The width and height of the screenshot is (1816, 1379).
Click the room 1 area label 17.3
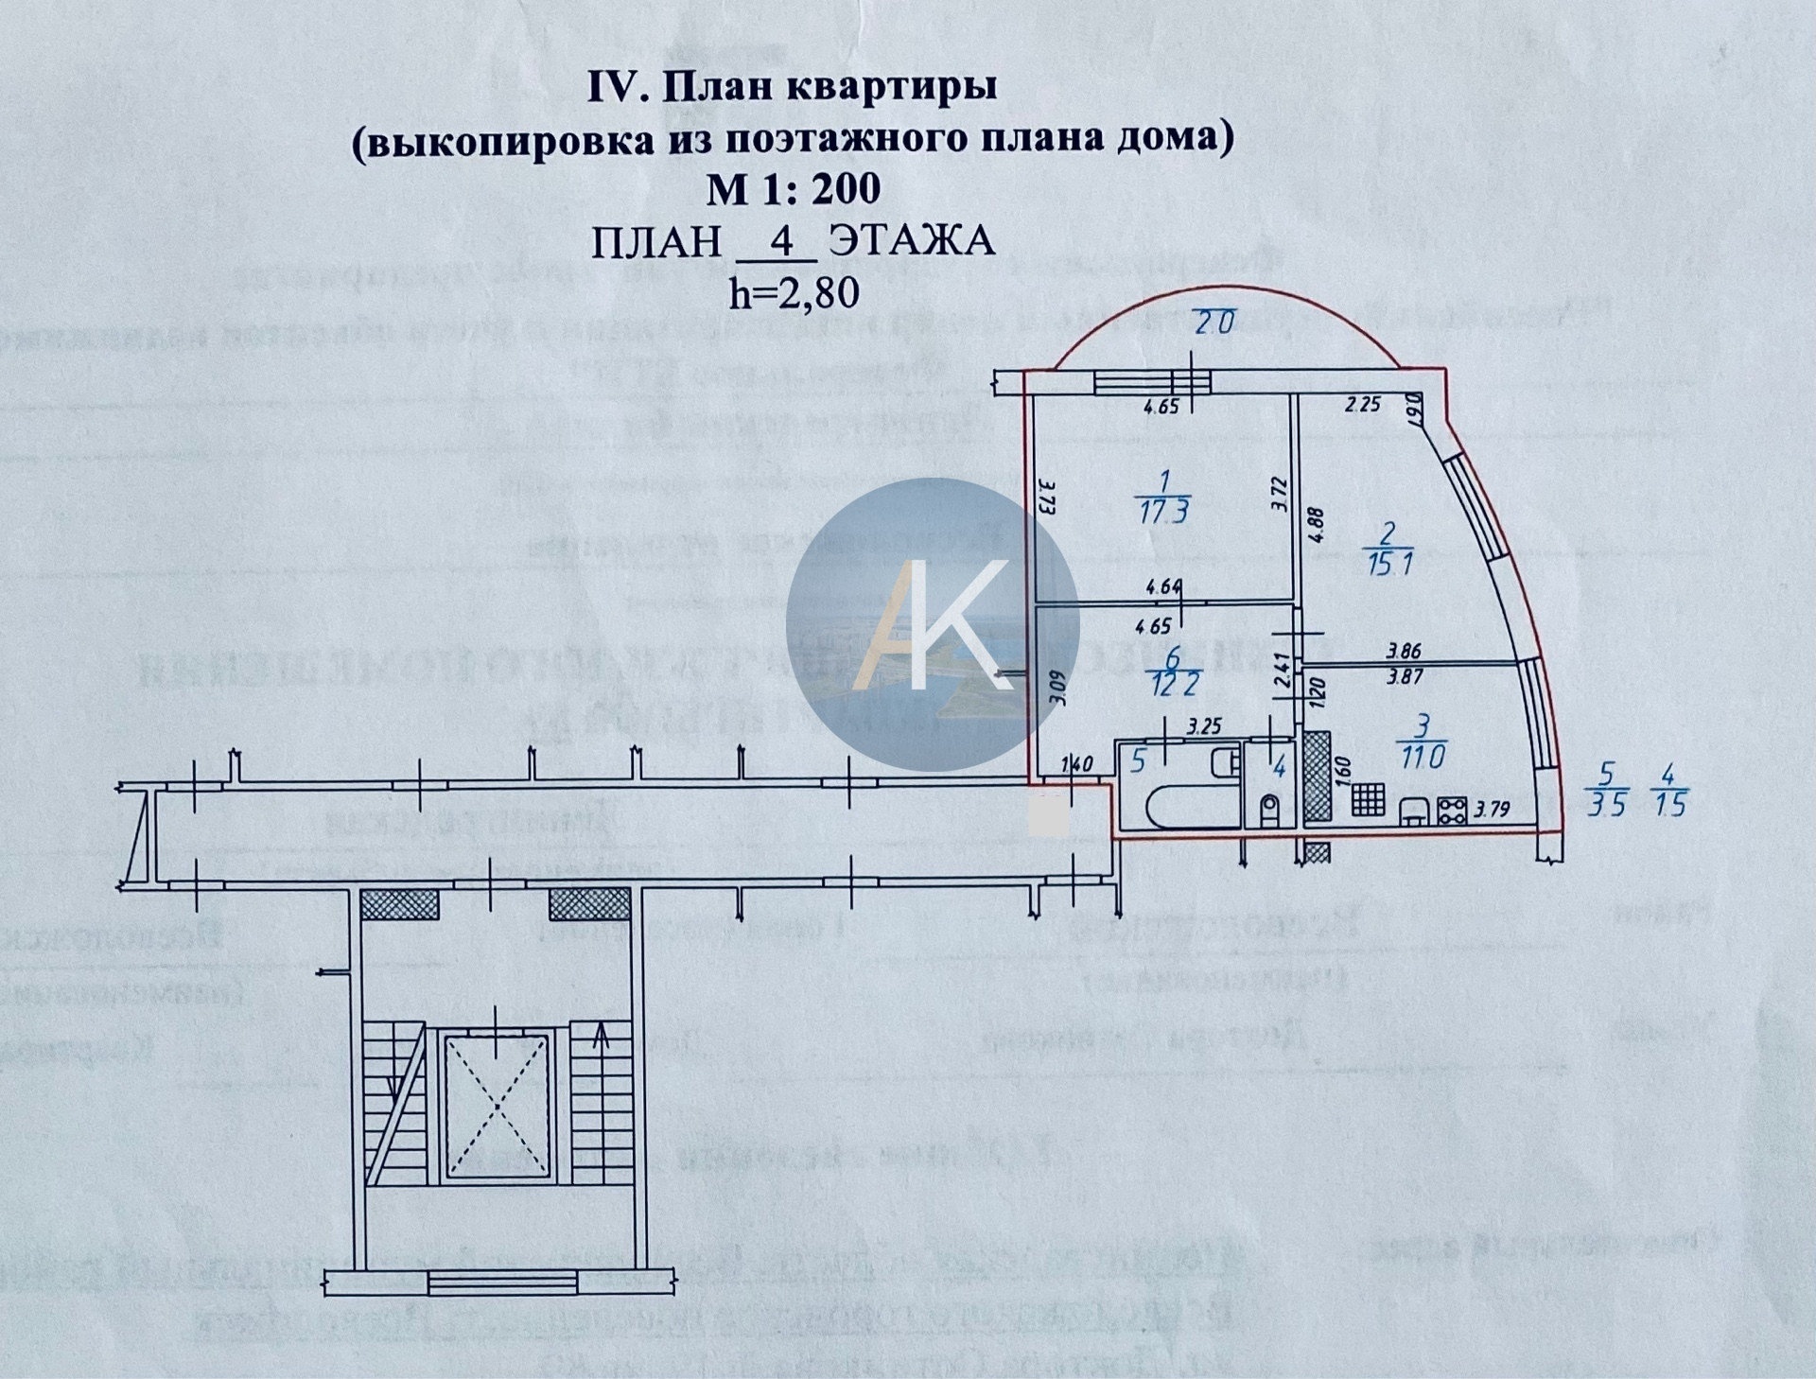(1165, 511)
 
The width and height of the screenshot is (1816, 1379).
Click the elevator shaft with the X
(496, 1106)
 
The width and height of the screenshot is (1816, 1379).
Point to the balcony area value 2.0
(1214, 323)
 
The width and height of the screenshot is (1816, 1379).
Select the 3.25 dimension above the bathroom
(1205, 726)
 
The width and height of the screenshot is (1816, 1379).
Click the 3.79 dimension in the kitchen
(1492, 809)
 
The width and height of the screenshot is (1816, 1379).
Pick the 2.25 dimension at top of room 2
(1363, 405)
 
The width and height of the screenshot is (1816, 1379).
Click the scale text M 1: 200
(794, 188)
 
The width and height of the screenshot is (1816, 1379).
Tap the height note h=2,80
(794, 292)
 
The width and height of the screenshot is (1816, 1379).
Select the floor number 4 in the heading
(781, 240)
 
